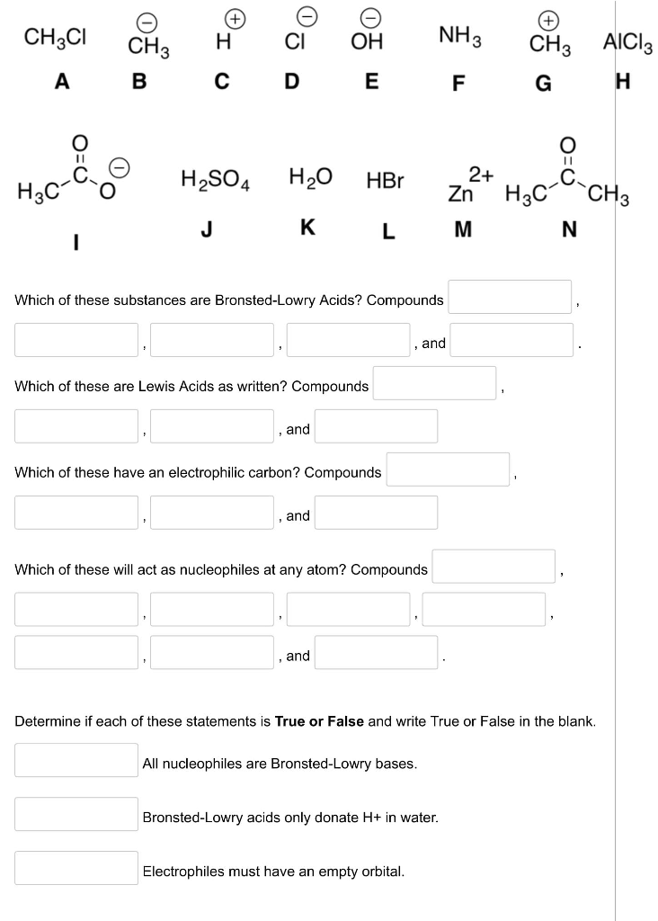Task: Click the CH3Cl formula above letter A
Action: (55, 38)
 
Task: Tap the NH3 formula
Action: (459, 37)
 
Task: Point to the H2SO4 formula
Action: (216, 178)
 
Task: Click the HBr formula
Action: (385, 179)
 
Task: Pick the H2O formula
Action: (310, 176)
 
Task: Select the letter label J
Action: (207, 228)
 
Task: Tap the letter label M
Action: (462, 230)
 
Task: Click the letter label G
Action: (542, 83)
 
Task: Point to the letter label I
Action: (76, 241)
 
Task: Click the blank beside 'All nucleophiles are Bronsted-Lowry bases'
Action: (76, 760)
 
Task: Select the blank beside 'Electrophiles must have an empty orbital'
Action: (76, 868)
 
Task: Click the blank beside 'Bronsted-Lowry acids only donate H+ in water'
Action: (76, 814)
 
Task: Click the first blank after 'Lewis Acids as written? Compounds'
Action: (435, 383)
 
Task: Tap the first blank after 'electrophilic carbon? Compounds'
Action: (449, 469)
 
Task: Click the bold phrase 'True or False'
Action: (319, 721)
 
